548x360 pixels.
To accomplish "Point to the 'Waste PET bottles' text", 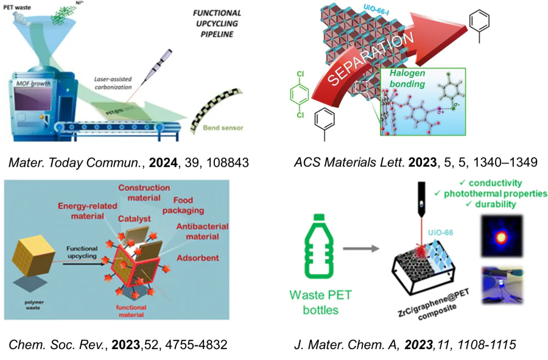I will click(x=320, y=302).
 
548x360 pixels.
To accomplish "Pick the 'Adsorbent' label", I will click(x=197, y=258).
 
